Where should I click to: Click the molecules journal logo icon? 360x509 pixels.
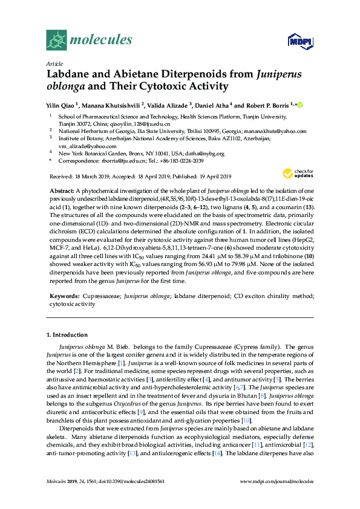(57, 41)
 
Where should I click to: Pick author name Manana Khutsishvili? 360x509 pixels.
(111, 105)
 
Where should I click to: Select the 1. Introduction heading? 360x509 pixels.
(67, 334)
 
